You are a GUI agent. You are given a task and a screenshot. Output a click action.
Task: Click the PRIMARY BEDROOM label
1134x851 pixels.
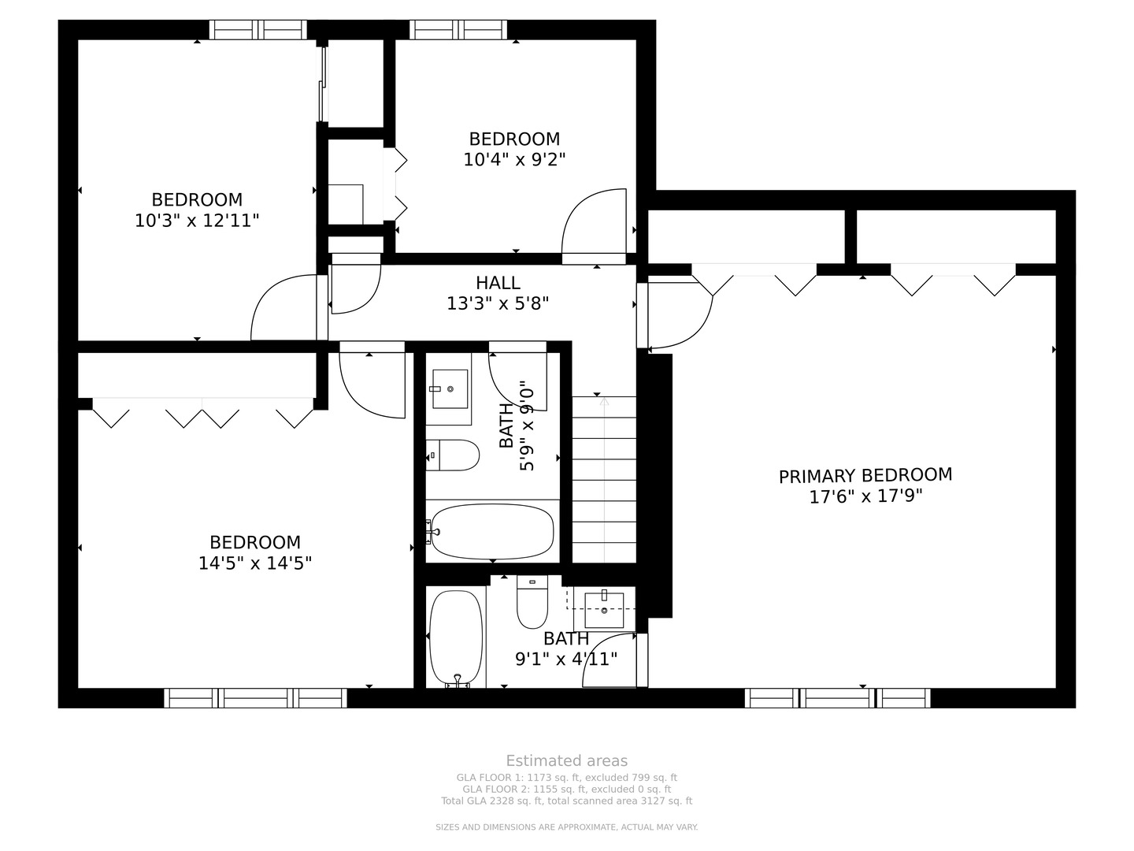point(865,475)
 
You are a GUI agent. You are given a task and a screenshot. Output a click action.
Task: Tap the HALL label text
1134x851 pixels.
point(498,283)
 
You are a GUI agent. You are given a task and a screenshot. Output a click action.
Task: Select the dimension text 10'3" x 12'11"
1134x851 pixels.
point(196,221)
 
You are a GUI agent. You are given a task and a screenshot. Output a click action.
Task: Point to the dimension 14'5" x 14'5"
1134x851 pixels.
point(254,563)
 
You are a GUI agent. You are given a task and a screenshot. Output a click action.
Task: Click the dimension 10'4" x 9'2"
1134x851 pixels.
point(514,160)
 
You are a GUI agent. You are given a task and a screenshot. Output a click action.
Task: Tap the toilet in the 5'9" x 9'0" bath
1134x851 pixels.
point(453,455)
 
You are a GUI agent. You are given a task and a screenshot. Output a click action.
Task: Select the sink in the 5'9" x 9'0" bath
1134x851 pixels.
point(449,388)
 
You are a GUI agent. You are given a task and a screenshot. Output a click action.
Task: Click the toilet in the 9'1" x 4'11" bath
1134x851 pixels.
point(532,601)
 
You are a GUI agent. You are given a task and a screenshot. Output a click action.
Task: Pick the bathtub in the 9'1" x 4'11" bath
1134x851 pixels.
point(456,639)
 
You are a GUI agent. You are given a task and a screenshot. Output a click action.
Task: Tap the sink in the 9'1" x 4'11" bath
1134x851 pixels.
point(603,609)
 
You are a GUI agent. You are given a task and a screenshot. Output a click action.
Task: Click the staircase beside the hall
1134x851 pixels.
point(604,480)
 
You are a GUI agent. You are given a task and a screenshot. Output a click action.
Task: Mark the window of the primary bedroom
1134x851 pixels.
point(837,698)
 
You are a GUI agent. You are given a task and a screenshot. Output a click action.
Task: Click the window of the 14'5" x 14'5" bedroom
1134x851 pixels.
point(255,698)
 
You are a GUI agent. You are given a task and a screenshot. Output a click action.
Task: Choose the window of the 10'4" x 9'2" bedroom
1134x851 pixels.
point(458,29)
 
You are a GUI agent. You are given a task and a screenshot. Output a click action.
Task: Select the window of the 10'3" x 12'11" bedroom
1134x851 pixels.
point(258,29)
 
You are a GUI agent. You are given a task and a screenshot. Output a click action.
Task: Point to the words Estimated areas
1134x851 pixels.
point(567,761)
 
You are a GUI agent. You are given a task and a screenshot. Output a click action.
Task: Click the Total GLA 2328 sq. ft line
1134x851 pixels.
point(567,801)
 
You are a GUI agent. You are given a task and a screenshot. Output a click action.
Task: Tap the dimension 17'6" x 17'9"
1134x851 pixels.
point(865,496)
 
